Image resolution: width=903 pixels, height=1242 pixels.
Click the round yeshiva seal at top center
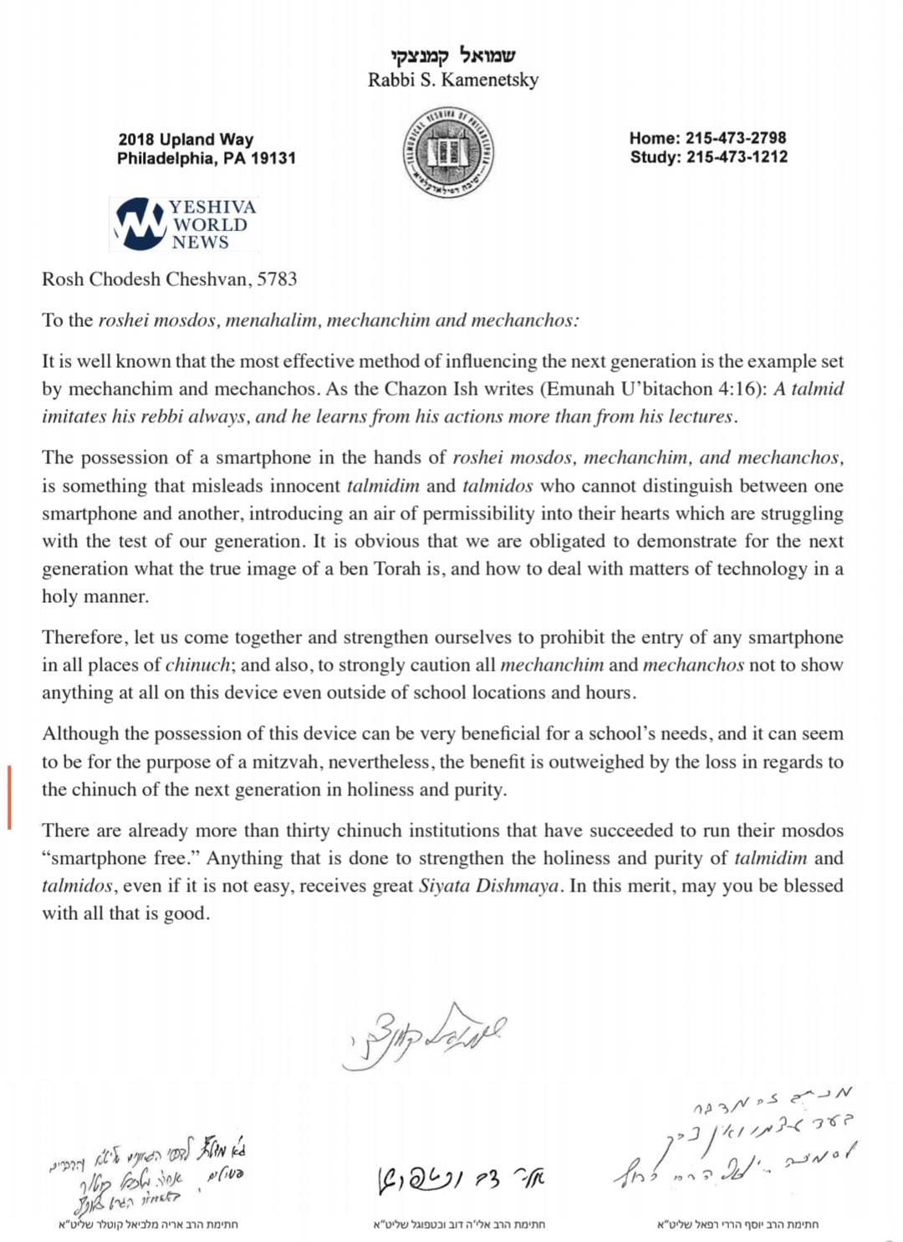pyautogui.click(x=446, y=152)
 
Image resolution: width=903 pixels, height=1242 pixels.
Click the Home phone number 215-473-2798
pyautogui.click(x=735, y=138)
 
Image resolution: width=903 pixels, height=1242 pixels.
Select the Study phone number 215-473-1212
pyautogui.click(x=737, y=157)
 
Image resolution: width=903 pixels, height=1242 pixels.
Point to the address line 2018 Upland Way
pyautogui.click(x=186, y=140)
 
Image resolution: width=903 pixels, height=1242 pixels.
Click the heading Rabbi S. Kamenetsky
pyautogui.click(x=452, y=80)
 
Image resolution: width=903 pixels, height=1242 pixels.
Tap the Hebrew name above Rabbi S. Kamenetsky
pyautogui.click(x=452, y=56)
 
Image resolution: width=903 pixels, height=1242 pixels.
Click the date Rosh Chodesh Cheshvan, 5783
pyautogui.click(x=170, y=279)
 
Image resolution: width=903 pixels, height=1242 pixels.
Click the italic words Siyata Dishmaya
pyautogui.click(x=488, y=887)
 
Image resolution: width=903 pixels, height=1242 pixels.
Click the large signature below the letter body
pyautogui.click(x=425, y=1035)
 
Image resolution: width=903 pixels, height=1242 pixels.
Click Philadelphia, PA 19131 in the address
pyautogui.click(x=206, y=159)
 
